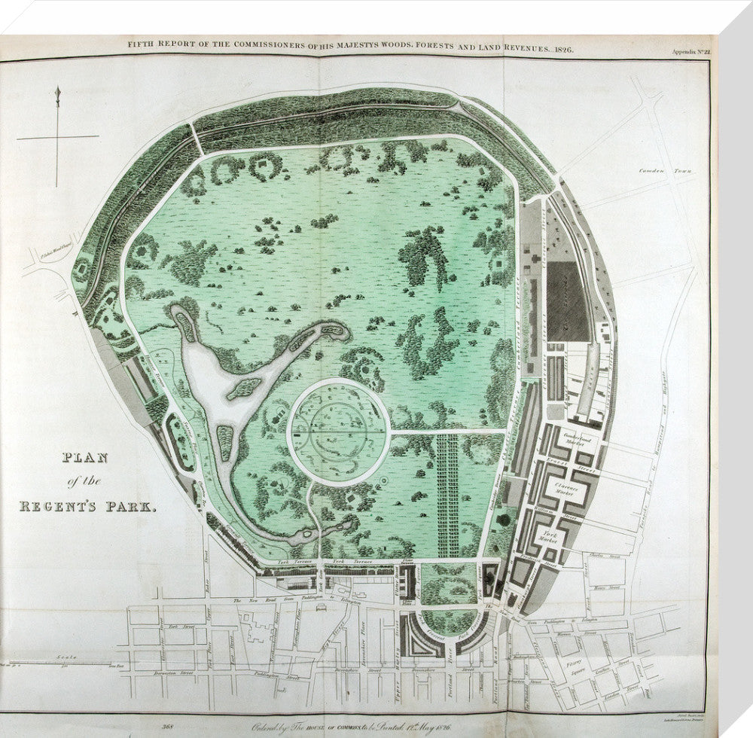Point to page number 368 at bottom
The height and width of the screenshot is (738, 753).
[x=168, y=727]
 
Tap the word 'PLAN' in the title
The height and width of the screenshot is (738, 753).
[x=63, y=458]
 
